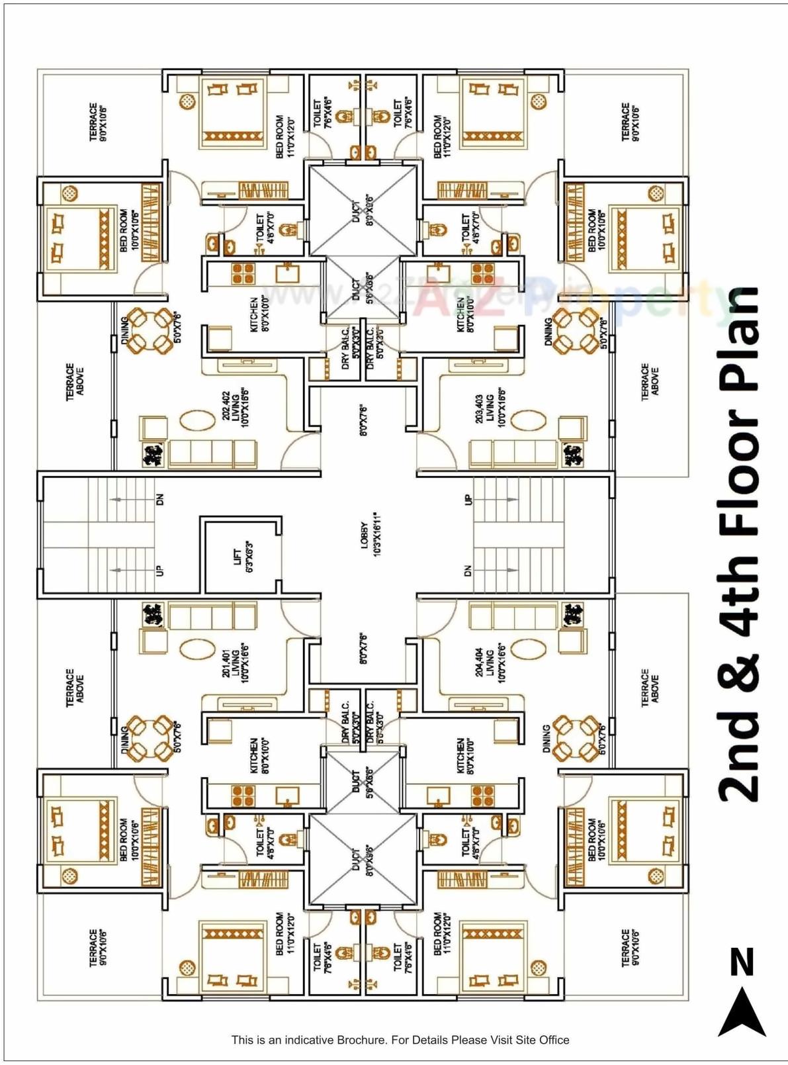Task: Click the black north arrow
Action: click(742, 1013)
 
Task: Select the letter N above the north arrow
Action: click(742, 962)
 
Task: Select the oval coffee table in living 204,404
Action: click(527, 647)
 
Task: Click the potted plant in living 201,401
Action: click(153, 615)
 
